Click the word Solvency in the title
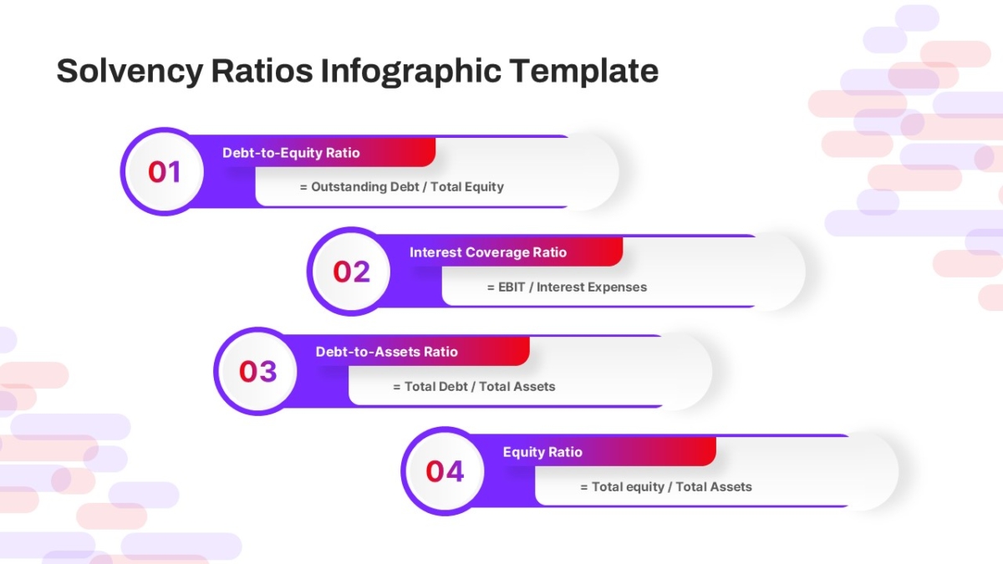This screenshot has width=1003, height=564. click(130, 72)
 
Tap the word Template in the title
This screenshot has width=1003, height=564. click(584, 72)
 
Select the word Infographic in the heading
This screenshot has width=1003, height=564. click(410, 72)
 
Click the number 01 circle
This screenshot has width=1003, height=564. click(165, 172)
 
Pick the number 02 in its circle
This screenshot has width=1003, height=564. click(352, 272)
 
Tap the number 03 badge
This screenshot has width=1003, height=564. click(258, 371)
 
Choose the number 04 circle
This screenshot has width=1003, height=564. click(445, 471)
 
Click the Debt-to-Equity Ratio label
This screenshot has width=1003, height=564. click(291, 153)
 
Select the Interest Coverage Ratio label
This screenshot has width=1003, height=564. click(488, 252)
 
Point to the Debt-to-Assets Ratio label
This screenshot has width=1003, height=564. click(387, 352)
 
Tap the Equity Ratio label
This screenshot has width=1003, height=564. click(542, 452)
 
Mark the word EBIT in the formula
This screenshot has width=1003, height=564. click(512, 287)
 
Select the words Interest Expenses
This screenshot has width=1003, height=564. click(592, 287)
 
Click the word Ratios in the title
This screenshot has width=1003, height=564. click(262, 72)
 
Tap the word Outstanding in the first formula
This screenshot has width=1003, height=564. click(349, 186)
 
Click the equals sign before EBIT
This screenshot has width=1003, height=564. click(491, 287)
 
